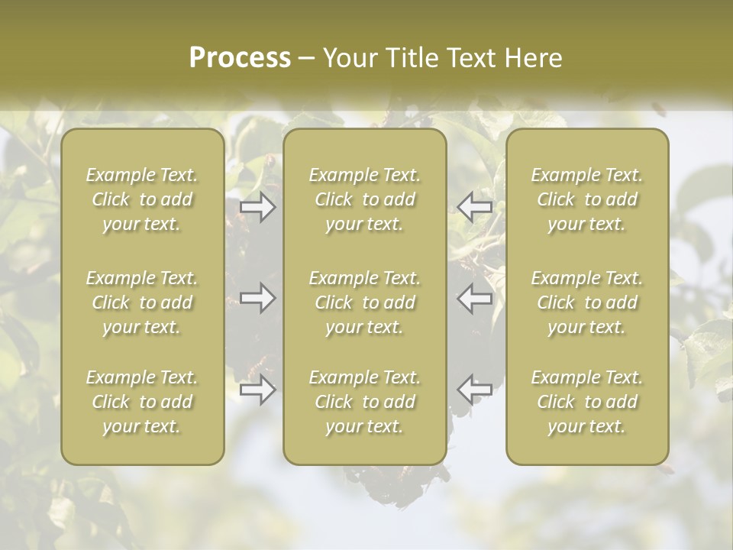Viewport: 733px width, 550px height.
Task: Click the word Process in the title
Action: point(240,58)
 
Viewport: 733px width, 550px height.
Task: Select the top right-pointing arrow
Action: point(257,206)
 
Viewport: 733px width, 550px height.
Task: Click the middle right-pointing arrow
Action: point(257,298)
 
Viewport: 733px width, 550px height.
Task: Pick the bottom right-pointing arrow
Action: point(257,390)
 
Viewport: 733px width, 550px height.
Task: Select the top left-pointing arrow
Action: point(475,206)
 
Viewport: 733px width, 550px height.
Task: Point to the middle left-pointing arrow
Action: point(475,298)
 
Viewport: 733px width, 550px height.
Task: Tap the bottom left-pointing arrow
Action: point(475,390)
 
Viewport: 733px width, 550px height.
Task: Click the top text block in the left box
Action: point(142,199)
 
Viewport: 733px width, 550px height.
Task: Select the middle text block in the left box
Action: point(142,302)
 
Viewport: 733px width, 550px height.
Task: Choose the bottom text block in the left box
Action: point(142,402)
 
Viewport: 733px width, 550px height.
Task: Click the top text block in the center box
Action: point(365,199)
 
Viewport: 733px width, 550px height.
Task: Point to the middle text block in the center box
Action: point(365,302)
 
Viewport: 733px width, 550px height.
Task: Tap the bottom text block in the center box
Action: point(365,402)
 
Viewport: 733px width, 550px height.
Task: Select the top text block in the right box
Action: point(587,199)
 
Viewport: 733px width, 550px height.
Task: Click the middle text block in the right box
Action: point(587,302)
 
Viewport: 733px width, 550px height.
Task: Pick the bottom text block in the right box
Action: point(587,402)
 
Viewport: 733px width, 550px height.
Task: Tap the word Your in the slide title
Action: point(349,58)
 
